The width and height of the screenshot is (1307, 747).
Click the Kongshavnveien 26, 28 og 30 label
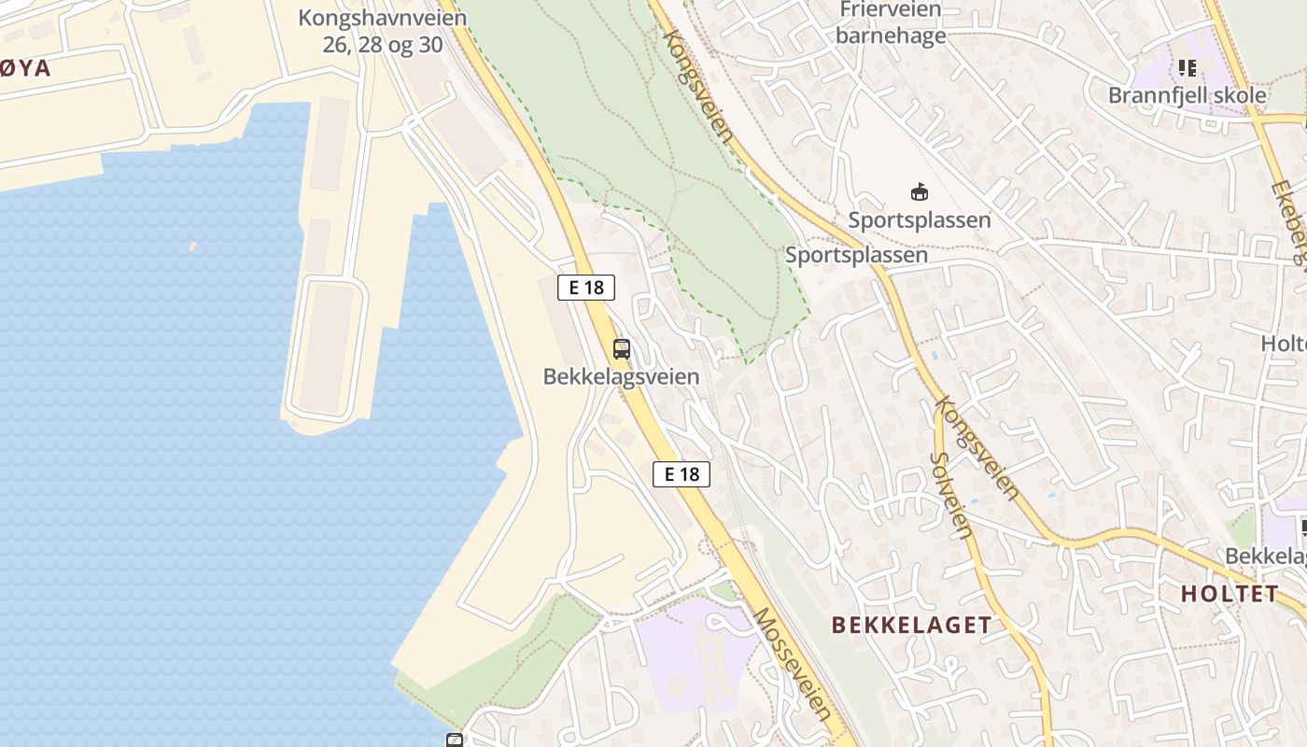coord(383,31)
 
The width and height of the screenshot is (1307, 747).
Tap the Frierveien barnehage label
coord(891,23)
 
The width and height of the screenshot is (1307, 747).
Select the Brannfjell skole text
coord(1187,95)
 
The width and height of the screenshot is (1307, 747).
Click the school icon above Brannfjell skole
coord(1188,67)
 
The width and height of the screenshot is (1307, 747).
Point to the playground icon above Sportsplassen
coord(920,192)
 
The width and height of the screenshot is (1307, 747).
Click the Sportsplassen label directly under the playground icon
coord(920,220)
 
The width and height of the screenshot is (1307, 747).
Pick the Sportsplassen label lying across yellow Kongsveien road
coord(856,255)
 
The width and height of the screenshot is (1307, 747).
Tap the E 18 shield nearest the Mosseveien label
coord(682,474)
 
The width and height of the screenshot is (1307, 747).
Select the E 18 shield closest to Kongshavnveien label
coord(586,288)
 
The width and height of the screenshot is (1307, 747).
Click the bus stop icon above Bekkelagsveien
coord(622,350)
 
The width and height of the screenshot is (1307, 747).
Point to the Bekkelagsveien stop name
coord(621,376)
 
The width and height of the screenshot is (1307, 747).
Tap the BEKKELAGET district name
coord(911,626)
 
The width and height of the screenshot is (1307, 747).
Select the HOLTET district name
coord(1229,593)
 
